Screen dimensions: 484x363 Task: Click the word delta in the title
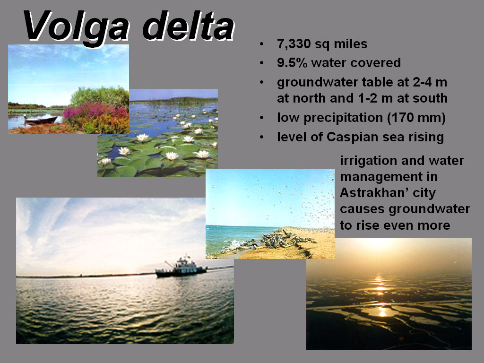(x=188, y=26)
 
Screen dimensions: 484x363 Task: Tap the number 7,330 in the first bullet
(x=294, y=44)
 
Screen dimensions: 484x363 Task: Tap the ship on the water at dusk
(x=181, y=267)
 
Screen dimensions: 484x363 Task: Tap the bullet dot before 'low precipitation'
(x=262, y=118)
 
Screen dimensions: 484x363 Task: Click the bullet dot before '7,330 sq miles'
(x=262, y=44)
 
